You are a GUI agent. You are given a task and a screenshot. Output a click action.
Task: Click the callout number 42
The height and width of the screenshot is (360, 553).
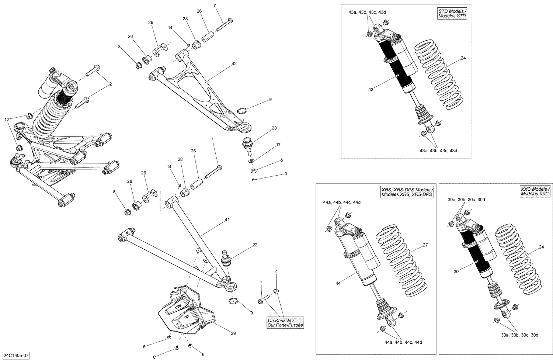(x=234, y=63)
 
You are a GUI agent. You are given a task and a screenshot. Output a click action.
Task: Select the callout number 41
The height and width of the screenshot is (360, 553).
(x=227, y=220)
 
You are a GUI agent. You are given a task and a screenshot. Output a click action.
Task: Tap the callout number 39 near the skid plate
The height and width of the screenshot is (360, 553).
(x=233, y=333)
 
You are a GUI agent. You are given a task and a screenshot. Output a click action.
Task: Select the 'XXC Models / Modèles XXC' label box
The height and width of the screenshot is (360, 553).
(x=535, y=191)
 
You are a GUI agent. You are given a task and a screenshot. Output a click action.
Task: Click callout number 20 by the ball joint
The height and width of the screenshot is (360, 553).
(x=274, y=128)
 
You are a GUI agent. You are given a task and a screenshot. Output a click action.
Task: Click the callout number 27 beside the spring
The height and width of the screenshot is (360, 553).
(x=425, y=245)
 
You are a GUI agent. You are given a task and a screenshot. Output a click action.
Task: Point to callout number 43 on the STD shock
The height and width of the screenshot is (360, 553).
(x=371, y=89)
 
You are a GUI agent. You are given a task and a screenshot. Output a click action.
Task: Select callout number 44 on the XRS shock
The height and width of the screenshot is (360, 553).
(x=338, y=283)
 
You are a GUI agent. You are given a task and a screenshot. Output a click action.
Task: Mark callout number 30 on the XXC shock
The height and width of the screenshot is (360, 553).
(x=456, y=271)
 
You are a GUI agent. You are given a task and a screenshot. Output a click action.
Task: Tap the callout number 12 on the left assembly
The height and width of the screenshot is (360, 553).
(x=6, y=119)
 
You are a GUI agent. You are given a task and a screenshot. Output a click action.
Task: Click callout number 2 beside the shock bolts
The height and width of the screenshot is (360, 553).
(x=110, y=84)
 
